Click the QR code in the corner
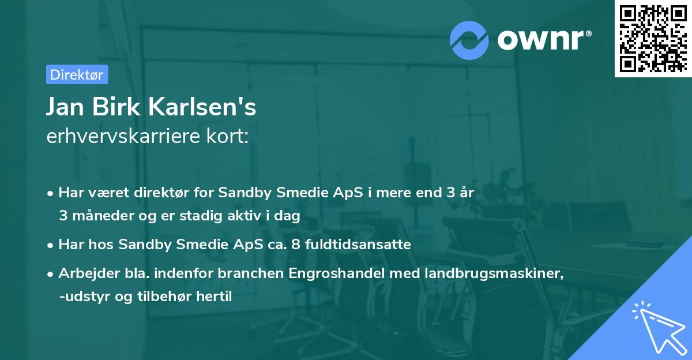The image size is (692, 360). (x=653, y=39)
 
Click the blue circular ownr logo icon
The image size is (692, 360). (x=469, y=40)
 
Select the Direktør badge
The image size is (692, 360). (x=77, y=74)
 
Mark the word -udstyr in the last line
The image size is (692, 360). (x=81, y=297)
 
